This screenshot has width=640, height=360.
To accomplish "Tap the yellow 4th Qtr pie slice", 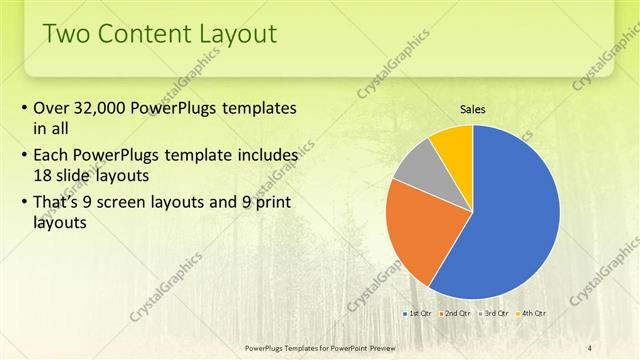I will point(453,143).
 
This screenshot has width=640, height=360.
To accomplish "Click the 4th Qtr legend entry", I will point(532,313).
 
